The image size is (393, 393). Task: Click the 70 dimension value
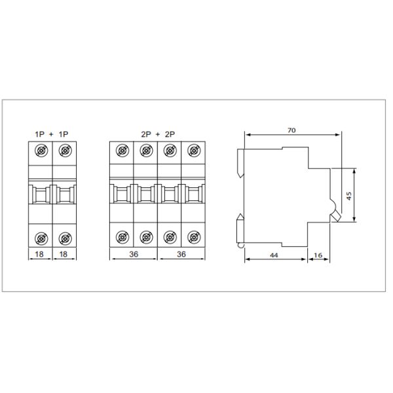(x=291, y=130)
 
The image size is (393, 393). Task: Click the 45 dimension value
(x=350, y=195)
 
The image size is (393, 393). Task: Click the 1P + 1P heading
(x=52, y=134)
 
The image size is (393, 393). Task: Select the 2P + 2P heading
(x=157, y=134)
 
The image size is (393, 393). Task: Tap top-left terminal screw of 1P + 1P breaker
(x=41, y=152)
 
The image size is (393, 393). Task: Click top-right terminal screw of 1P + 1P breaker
(x=64, y=152)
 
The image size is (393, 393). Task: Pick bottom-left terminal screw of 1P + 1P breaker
(x=41, y=236)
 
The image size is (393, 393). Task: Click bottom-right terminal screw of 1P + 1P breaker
(x=64, y=236)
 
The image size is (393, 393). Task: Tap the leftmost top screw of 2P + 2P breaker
(x=122, y=152)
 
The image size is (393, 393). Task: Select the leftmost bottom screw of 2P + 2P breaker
(x=122, y=236)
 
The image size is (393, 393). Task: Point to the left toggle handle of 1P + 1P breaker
(x=41, y=194)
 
